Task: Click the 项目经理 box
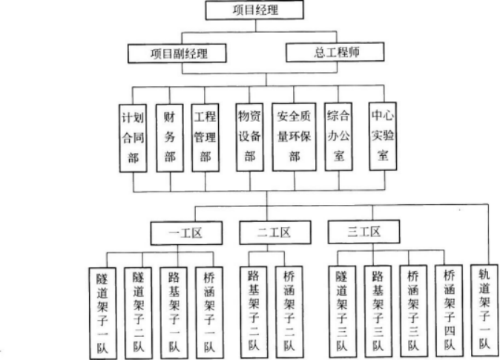pyautogui.click(x=254, y=10)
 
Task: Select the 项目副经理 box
pyautogui.click(x=177, y=53)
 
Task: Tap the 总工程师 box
pyautogui.click(x=335, y=52)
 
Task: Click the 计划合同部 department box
pyautogui.click(x=133, y=138)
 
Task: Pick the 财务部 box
pyautogui.click(x=170, y=138)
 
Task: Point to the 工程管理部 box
pyautogui.click(x=205, y=137)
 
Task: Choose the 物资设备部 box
pyautogui.click(x=250, y=137)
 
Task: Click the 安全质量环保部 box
pyautogui.click(x=295, y=137)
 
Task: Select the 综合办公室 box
pyautogui.click(x=338, y=137)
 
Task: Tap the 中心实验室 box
pyautogui.click(x=383, y=137)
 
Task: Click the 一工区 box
pyautogui.click(x=186, y=233)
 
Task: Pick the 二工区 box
pyautogui.click(x=275, y=232)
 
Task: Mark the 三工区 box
pyautogui.click(x=364, y=232)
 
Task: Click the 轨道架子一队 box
pyautogui.click(x=484, y=310)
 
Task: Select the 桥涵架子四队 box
pyautogui.click(x=450, y=311)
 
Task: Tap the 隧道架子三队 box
pyautogui.click(x=343, y=312)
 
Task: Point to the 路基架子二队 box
pyautogui.click(x=254, y=312)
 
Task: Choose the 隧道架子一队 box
pyautogui.click(x=102, y=314)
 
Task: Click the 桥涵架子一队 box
pyautogui.click(x=209, y=313)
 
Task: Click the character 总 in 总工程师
pyautogui.click(x=320, y=53)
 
